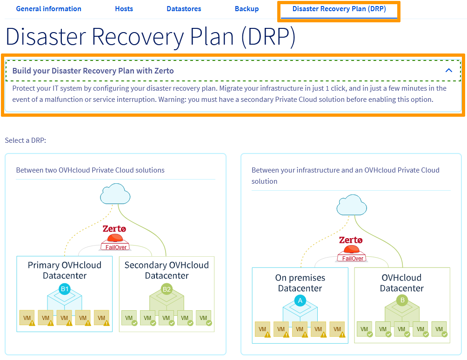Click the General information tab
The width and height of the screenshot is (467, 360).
click(48, 9)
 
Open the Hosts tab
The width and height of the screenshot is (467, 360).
click(124, 9)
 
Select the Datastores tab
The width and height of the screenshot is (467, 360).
click(184, 9)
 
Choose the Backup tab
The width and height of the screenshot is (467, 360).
click(247, 9)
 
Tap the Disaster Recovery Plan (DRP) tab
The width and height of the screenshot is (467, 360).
click(339, 9)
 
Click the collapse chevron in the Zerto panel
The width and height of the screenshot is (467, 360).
click(449, 71)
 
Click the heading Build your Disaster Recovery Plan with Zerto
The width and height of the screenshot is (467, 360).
click(93, 71)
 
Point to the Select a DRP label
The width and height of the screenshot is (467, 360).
click(25, 140)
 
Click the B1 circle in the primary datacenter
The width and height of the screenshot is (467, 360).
click(65, 289)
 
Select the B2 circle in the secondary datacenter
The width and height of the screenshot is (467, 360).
click(167, 289)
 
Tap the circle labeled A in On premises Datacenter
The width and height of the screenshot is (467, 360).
click(300, 301)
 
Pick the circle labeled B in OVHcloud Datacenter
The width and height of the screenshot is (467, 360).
click(402, 300)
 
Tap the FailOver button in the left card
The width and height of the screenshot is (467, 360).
click(116, 247)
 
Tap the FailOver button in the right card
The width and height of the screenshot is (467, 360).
click(352, 258)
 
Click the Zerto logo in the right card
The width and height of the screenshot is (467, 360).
click(351, 240)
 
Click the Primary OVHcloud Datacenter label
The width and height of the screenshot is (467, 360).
click(64, 270)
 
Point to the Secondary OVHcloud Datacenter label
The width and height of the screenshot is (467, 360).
click(167, 270)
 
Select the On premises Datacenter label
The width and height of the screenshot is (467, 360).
click(300, 283)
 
